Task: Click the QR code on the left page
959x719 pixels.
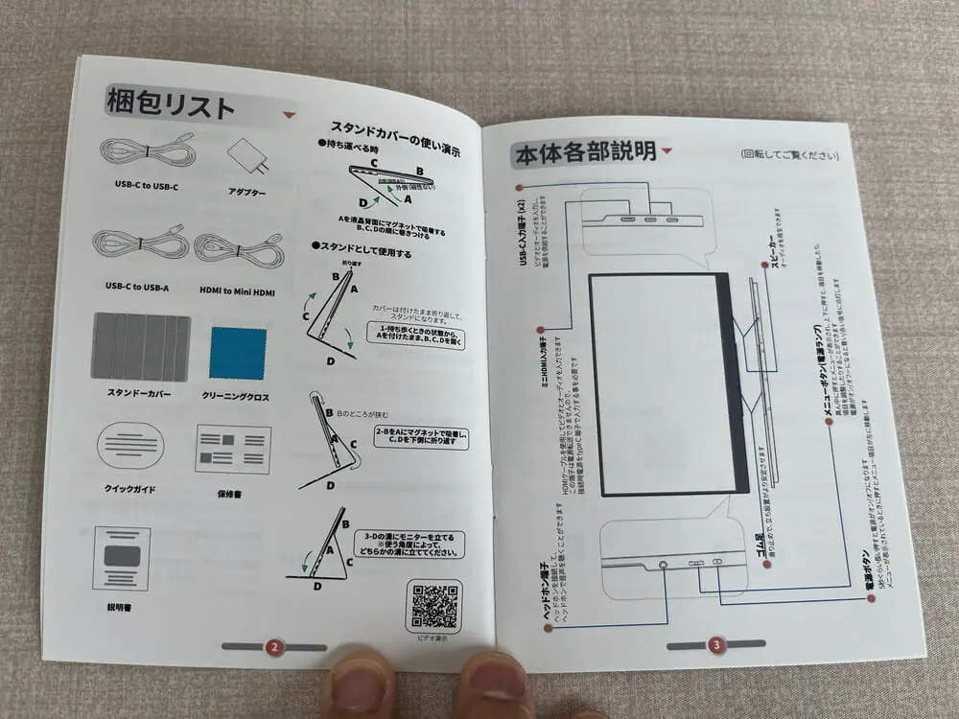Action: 434,606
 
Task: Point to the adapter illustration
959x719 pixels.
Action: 247,156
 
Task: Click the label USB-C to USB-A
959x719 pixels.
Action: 139,286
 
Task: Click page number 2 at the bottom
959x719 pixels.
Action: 273,647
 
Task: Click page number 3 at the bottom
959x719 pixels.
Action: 715,644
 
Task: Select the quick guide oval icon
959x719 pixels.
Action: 130,446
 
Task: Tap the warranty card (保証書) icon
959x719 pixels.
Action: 232,450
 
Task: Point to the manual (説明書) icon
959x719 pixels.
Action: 121,558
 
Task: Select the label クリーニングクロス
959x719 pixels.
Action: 236,396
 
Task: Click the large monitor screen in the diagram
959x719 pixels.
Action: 662,383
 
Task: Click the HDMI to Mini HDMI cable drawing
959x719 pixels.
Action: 238,249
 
